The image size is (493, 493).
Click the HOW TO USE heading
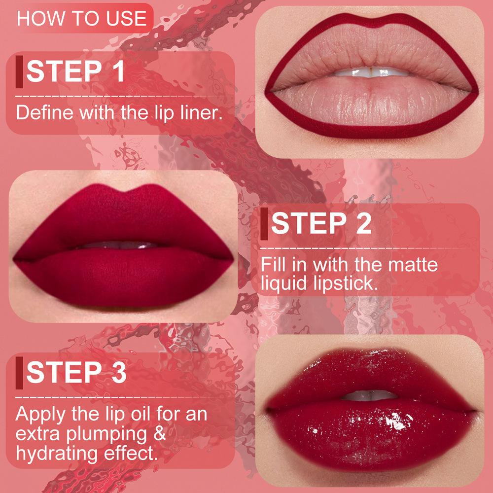(x=82, y=18)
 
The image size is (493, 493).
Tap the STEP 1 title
(x=75, y=71)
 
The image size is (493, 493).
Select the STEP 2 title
(x=321, y=224)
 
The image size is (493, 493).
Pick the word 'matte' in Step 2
(x=413, y=264)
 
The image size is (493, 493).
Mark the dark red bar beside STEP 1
(x=19, y=71)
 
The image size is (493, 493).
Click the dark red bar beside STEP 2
(x=265, y=224)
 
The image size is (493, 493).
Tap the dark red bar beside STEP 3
(x=19, y=372)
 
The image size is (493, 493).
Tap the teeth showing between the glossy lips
(x=367, y=395)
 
